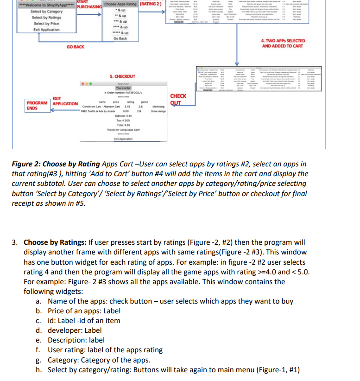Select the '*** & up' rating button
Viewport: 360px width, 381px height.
pyautogui.click(x=120, y=21)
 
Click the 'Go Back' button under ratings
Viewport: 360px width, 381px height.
pyautogui.click(x=120, y=38)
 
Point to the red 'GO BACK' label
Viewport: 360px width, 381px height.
pyautogui.click(x=76, y=47)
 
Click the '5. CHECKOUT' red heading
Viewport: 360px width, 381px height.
pyautogui.click(x=122, y=76)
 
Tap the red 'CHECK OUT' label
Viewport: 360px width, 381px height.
pyautogui.click(x=178, y=99)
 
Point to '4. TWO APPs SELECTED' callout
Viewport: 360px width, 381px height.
pyautogui.click(x=283, y=44)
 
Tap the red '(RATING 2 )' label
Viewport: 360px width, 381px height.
pyautogui.click(x=151, y=4)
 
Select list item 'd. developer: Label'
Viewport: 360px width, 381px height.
pyautogui.click(x=69, y=330)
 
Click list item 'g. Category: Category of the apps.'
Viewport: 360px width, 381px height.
pyautogui.click(x=93, y=360)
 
